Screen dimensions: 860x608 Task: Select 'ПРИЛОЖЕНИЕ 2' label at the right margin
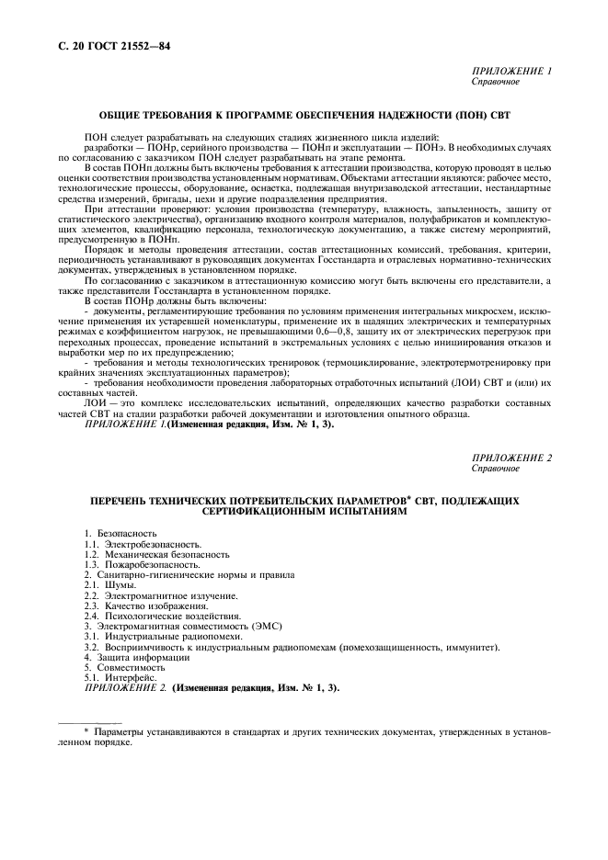511,457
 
